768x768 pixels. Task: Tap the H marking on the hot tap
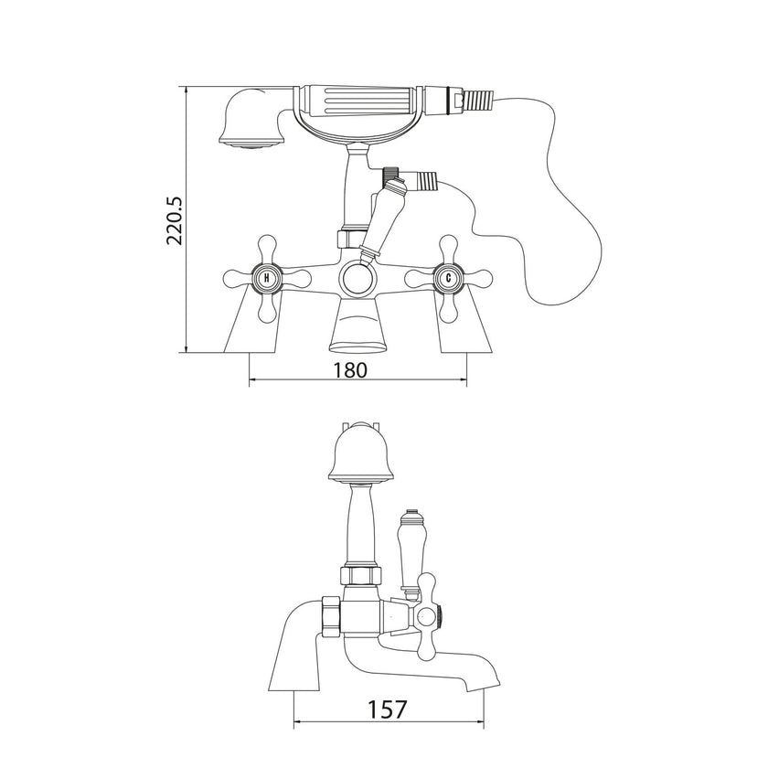[x=266, y=277]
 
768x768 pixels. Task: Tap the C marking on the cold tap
[x=449, y=277]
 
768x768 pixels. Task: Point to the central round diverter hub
[x=357, y=278]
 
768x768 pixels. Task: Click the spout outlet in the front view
[x=357, y=344]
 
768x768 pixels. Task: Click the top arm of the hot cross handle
[x=266, y=248]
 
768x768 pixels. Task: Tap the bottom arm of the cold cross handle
[x=449, y=308]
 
